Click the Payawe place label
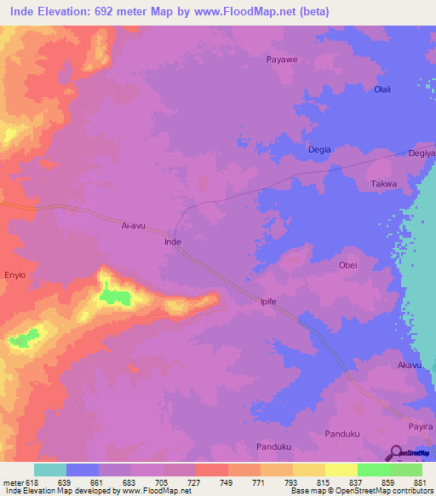click(x=282, y=60)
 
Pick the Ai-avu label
click(x=135, y=227)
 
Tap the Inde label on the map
click(x=172, y=242)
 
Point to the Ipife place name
click(x=270, y=302)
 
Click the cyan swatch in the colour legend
click(x=50, y=470)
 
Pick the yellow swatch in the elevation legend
click(x=341, y=470)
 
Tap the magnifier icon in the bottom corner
click(x=397, y=453)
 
